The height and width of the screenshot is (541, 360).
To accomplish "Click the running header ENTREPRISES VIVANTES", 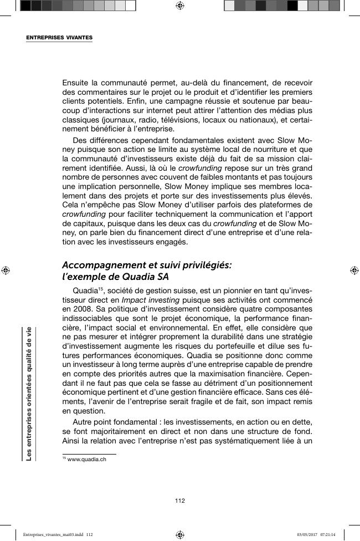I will pyautogui.click(x=59, y=38).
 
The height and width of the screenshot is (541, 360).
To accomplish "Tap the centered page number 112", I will pyautogui.click(x=179, y=501).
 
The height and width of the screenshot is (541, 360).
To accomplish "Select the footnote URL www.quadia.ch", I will pyautogui.click(x=86, y=460).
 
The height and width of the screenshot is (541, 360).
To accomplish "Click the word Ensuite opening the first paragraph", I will pyautogui.click(x=78, y=83).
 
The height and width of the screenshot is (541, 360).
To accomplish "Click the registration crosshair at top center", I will pyautogui.click(x=179, y=6).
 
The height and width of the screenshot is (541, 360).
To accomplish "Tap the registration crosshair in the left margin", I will pyautogui.click(x=5, y=270).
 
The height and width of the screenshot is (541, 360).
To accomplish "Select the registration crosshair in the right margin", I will pyautogui.click(x=354, y=270).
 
